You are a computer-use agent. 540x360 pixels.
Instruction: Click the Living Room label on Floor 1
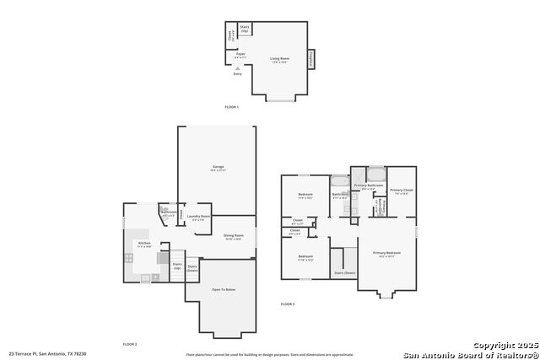coord(278,59)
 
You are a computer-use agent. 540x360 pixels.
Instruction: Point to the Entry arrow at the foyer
coord(237,72)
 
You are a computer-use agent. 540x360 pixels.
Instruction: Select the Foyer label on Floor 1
coord(240,56)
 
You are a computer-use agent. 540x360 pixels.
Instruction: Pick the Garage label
coord(218,169)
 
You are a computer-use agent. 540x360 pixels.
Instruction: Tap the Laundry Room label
coord(198,218)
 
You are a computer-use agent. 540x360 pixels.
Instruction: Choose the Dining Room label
coord(234,237)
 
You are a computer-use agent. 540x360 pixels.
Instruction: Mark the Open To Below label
coord(224,289)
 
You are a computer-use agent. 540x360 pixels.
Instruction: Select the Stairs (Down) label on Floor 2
coord(192,268)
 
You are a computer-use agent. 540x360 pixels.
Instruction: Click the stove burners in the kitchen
coord(129,258)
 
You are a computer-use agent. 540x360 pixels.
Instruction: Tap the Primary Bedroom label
coord(387,254)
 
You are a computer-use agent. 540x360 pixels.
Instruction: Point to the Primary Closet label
coord(401,191)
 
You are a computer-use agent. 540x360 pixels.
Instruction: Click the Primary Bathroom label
coord(369,186)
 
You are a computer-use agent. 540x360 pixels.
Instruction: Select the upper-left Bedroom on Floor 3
coord(305,196)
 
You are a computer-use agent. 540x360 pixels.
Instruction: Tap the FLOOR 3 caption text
coord(288,304)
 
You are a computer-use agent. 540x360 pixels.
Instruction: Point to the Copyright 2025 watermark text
coord(503,346)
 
